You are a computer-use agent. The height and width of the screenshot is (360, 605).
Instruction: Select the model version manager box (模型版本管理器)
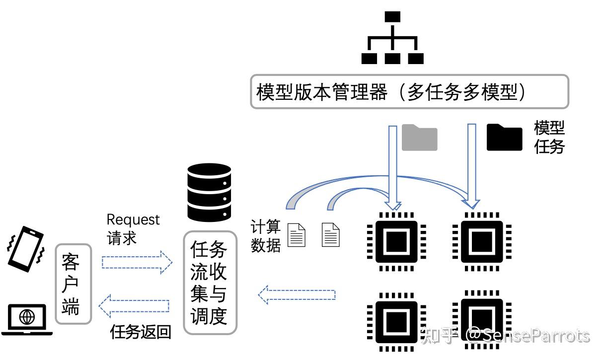click(x=409, y=92)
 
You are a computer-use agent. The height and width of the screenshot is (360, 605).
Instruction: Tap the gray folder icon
click(x=419, y=138)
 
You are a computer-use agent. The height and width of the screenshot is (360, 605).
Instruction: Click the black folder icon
click(x=504, y=138)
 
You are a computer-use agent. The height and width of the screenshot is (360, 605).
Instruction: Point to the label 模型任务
click(x=549, y=138)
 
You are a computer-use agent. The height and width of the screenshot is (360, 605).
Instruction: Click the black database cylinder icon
click(x=209, y=193)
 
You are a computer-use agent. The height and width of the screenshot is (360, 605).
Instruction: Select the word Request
click(x=133, y=219)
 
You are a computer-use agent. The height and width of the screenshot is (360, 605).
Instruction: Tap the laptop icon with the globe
click(x=27, y=319)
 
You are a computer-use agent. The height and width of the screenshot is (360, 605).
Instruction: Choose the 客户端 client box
click(x=74, y=284)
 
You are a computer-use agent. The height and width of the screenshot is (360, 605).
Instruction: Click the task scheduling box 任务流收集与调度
click(x=210, y=282)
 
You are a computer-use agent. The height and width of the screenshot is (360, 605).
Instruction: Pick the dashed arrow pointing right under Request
click(x=137, y=262)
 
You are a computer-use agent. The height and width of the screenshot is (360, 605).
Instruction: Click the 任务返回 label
click(x=141, y=332)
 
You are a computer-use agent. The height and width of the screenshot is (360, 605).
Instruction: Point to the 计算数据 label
click(x=265, y=236)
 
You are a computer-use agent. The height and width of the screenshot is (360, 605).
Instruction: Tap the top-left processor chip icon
click(x=396, y=241)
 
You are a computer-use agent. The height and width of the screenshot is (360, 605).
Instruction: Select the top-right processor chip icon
click(x=480, y=241)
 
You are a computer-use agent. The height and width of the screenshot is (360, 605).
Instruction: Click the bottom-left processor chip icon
click(x=396, y=321)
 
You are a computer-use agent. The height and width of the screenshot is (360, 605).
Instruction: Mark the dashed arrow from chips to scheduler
click(x=297, y=294)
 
